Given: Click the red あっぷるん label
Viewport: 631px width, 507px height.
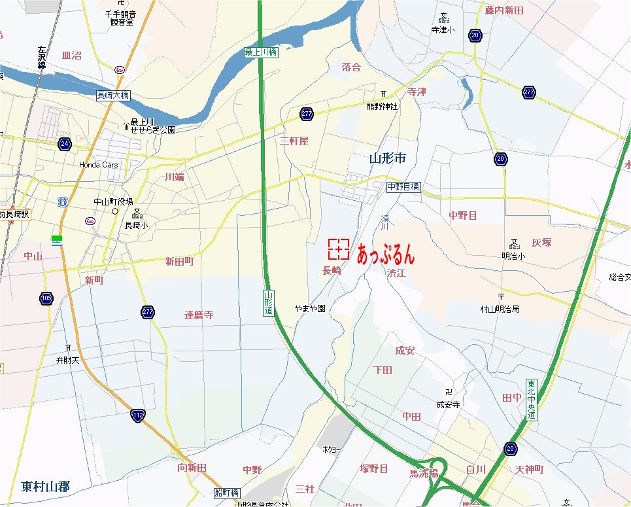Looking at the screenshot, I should (x=386, y=254).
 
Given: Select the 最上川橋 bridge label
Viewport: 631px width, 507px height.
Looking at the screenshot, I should (x=262, y=52).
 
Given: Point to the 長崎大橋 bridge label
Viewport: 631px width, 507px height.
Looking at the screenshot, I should (x=112, y=96).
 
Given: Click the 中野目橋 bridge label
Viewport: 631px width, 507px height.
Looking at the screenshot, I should (x=403, y=187).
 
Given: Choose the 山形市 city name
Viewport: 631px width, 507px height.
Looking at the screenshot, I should (x=388, y=158).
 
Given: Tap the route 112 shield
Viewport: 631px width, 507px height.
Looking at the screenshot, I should (x=138, y=415).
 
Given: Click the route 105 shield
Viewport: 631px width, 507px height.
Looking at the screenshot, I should (x=46, y=298).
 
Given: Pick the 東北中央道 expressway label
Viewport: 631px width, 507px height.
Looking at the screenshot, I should (x=532, y=400).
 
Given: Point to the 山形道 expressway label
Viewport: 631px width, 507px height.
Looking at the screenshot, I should (x=268, y=304).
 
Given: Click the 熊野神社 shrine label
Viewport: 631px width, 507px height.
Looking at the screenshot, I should (x=382, y=106).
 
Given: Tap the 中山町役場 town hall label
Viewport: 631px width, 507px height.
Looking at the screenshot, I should (x=113, y=201).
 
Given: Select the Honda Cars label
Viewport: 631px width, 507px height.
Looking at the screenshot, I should (x=99, y=165).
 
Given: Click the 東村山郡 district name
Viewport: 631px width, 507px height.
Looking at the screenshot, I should (x=45, y=487).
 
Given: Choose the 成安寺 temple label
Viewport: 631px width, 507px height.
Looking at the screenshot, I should (x=448, y=405).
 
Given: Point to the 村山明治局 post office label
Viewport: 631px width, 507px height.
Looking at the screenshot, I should (x=500, y=309).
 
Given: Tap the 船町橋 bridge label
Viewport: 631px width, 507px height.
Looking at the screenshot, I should (x=227, y=493).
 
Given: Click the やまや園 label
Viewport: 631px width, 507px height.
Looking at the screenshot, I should (x=310, y=308).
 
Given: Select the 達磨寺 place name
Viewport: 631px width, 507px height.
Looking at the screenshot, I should (x=199, y=315).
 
